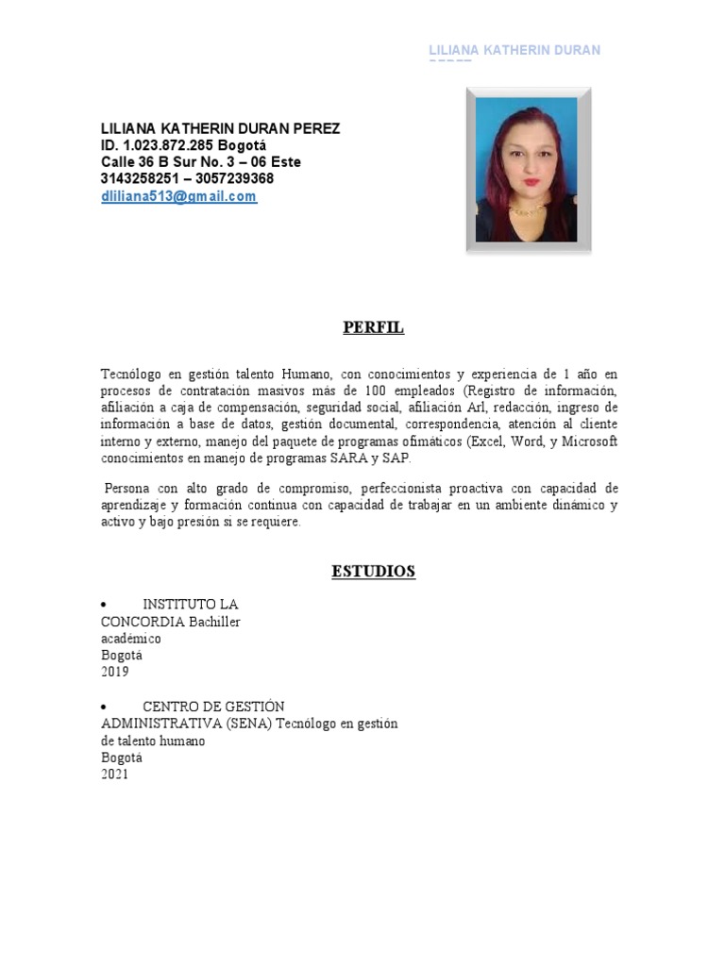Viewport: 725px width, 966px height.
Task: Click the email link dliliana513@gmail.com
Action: (x=178, y=196)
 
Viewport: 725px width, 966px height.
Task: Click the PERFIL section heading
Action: (x=373, y=327)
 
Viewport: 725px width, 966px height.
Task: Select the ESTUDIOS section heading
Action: (x=373, y=571)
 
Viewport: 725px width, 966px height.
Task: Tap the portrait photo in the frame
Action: (x=529, y=171)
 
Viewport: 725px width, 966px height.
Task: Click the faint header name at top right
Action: (x=514, y=50)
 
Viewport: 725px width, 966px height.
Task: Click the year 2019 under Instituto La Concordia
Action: (x=114, y=673)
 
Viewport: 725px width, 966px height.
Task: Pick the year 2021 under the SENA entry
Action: (x=114, y=774)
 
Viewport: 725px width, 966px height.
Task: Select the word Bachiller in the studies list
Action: (x=214, y=622)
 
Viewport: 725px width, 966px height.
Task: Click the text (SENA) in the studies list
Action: (x=248, y=724)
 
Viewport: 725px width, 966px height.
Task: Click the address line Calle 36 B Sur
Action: (x=201, y=162)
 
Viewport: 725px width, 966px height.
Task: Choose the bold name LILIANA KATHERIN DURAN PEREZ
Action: (x=221, y=128)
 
